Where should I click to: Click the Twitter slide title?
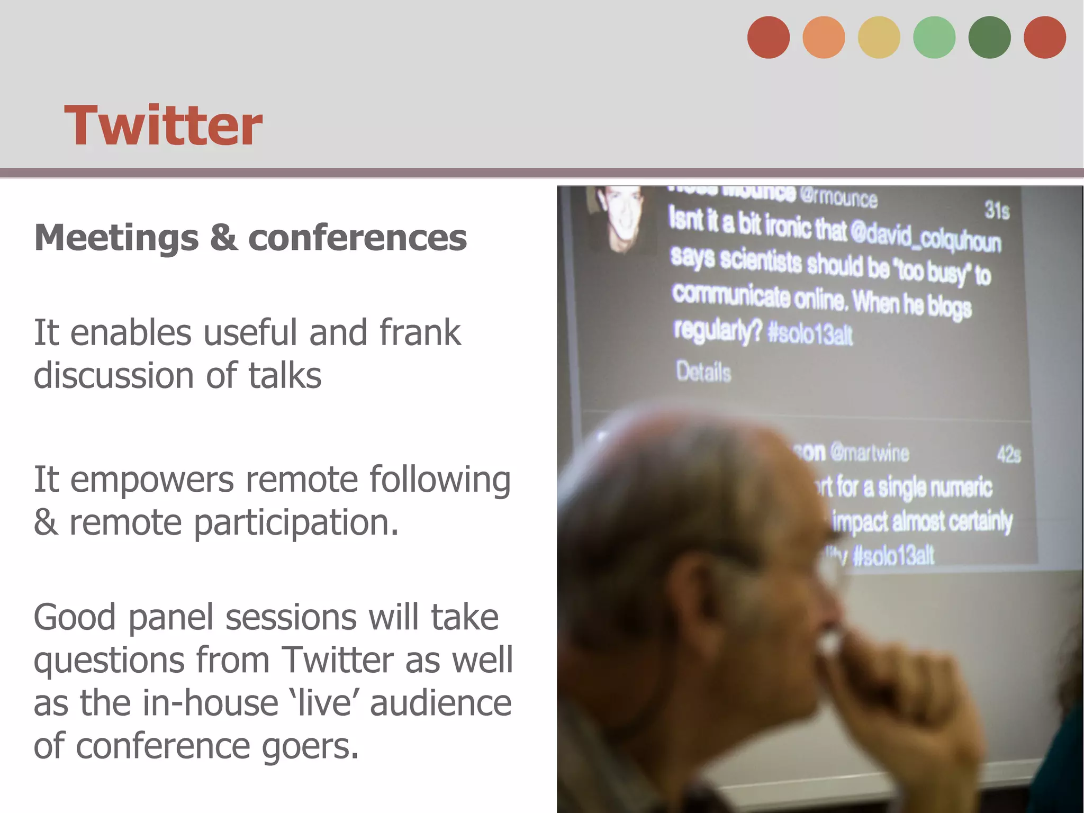click(x=163, y=126)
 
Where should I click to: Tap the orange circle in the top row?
click(x=824, y=38)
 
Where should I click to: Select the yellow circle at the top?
click(x=879, y=38)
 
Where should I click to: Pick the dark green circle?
click(x=989, y=38)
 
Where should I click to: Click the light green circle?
click(x=934, y=38)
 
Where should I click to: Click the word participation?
click(x=295, y=523)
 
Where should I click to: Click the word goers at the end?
click(x=310, y=746)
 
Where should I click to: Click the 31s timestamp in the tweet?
click(x=997, y=210)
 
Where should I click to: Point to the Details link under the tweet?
click(x=703, y=372)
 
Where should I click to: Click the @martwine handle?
click(x=870, y=453)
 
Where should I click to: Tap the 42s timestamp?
click(x=1008, y=455)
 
